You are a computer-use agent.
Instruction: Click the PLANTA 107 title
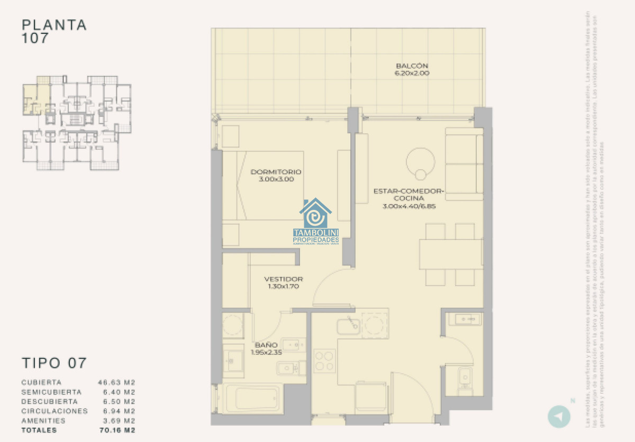pyautogui.click(x=54, y=31)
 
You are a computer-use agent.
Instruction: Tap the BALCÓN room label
pyautogui.click(x=412, y=66)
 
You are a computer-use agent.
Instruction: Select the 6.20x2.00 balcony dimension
pyautogui.click(x=412, y=73)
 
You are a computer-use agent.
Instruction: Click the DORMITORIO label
pyautogui.click(x=276, y=172)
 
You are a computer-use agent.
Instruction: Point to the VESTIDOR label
pyautogui.click(x=284, y=279)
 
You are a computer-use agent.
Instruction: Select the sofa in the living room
pyautogui.click(x=464, y=164)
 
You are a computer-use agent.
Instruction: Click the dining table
pyautogui.click(x=450, y=254)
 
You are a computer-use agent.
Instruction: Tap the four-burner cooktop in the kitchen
pyautogui.click(x=324, y=361)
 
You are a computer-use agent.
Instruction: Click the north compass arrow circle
pyautogui.click(x=558, y=416)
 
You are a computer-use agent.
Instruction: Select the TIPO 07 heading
pyautogui.click(x=54, y=363)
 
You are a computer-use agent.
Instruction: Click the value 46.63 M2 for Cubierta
pyautogui.click(x=116, y=382)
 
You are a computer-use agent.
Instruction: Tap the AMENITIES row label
pyautogui.click(x=43, y=421)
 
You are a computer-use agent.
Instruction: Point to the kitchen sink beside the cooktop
pyautogui.click(x=349, y=326)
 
